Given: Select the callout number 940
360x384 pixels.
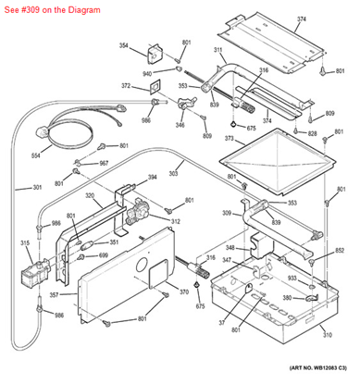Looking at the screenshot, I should coord(147,73).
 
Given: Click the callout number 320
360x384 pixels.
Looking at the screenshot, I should coord(90,196).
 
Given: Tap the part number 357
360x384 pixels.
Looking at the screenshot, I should coord(56,295).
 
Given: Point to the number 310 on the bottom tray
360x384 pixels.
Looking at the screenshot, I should coord(326,334).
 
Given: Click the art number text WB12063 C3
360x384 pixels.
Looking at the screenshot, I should coord(315,369).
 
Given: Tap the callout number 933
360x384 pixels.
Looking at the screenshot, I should coord(317,278).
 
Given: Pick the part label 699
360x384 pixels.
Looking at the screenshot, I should coord(104,254).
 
